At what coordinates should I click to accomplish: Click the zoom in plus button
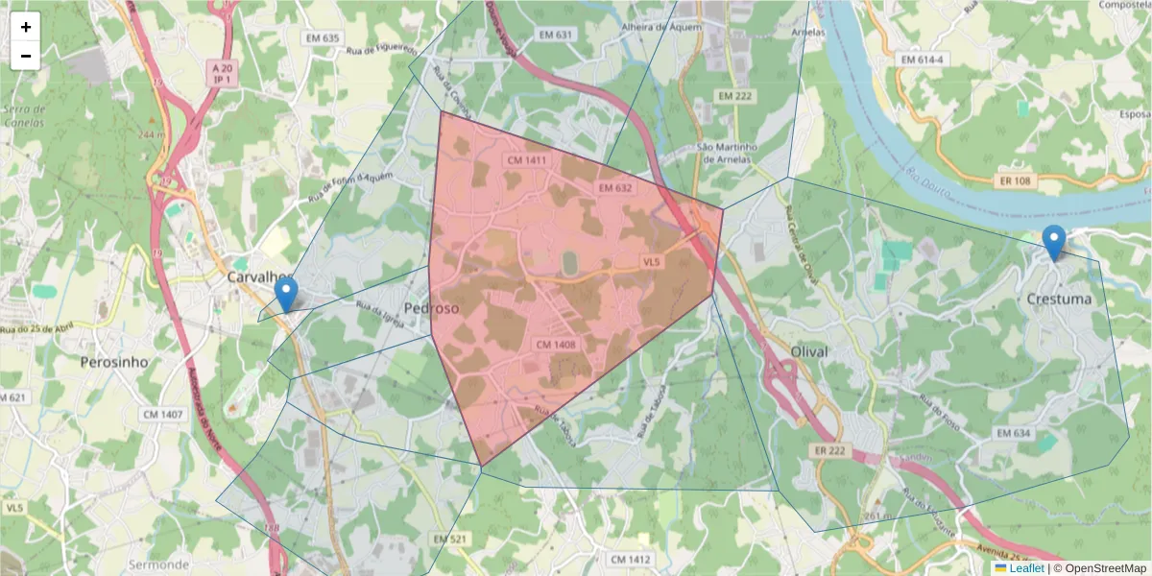coord(26,27)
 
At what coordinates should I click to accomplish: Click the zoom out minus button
coord(26,56)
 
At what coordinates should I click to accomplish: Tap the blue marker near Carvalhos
coord(286,294)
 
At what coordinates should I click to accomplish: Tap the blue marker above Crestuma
coord(1054,242)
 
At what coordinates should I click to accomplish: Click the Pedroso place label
coord(431,309)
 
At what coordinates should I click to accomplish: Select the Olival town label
coord(808,352)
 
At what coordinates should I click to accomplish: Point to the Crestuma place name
coord(1059,299)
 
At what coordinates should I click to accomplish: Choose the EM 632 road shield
coord(614,188)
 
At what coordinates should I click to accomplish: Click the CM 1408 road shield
coord(555,344)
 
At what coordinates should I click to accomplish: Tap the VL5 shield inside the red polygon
coord(652,262)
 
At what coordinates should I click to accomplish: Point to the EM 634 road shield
coord(1013,434)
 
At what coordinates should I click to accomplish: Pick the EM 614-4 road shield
coord(923,60)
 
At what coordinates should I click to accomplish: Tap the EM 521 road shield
coord(448,540)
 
